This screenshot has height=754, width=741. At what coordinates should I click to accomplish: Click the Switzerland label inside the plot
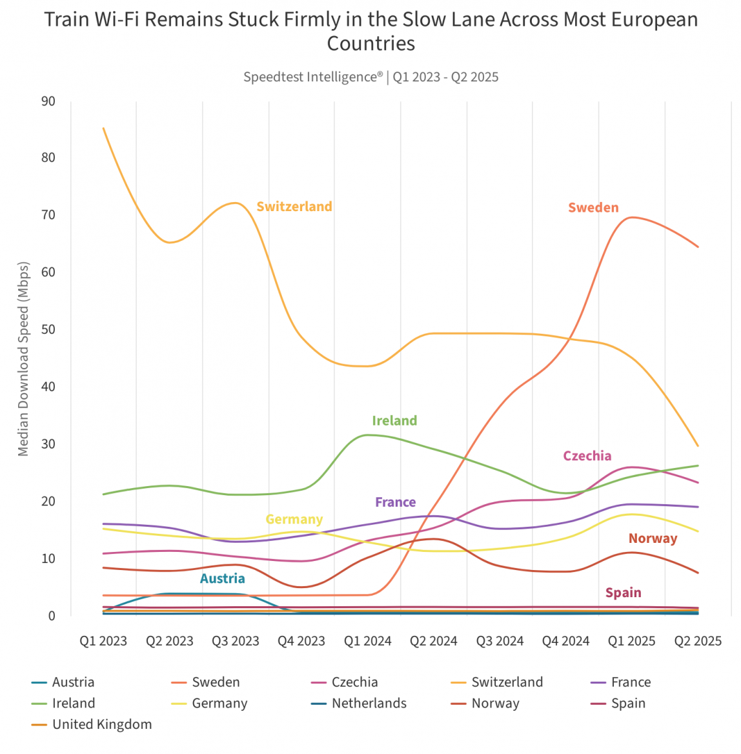pyautogui.click(x=294, y=207)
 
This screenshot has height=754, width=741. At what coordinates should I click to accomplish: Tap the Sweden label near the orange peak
pyautogui.click(x=593, y=208)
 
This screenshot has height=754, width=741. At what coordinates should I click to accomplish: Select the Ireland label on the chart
pyautogui.click(x=394, y=421)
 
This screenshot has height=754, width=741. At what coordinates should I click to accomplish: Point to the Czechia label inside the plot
pyautogui.click(x=587, y=456)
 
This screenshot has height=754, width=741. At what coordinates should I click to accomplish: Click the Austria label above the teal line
pyautogui.click(x=222, y=579)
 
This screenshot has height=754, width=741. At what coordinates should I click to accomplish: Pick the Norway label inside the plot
pyautogui.click(x=653, y=539)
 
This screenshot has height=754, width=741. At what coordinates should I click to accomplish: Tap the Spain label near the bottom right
pyautogui.click(x=623, y=593)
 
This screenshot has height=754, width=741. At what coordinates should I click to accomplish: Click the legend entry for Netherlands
pyautogui.click(x=369, y=704)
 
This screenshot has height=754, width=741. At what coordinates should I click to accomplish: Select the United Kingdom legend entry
pyautogui.click(x=102, y=725)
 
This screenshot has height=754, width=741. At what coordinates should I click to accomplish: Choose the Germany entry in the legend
pyautogui.click(x=219, y=704)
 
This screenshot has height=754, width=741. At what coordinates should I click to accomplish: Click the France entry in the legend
pyautogui.click(x=631, y=682)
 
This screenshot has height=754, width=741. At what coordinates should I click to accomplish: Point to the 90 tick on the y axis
pyautogui.click(x=48, y=101)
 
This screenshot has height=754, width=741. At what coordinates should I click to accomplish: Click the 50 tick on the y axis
pyautogui.click(x=48, y=329)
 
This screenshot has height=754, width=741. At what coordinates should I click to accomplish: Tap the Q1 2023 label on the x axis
pyautogui.click(x=103, y=642)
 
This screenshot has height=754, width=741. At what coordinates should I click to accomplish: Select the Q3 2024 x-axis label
pyautogui.click(x=500, y=642)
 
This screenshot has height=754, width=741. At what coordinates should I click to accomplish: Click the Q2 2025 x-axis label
pyautogui.click(x=698, y=642)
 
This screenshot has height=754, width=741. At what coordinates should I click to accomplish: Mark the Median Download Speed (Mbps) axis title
pyautogui.click(x=24, y=359)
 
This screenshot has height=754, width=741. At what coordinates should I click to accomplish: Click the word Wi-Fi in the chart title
pyautogui.click(x=117, y=19)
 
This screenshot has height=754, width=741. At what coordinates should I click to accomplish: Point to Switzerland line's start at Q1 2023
pyautogui.click(x=104, y=128)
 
